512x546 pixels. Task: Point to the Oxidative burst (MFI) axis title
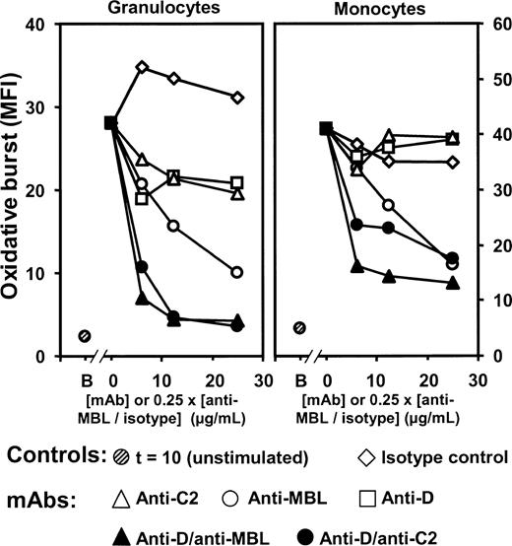coord(17,190)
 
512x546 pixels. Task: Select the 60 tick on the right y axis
coord(494,25)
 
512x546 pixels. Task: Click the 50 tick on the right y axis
coord(494,80)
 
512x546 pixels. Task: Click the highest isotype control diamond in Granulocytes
coord(143,67)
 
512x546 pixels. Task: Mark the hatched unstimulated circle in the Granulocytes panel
coord(85,336)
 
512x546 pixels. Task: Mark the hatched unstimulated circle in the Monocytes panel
coord(299,328)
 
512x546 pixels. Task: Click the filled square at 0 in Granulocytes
coord(110,123)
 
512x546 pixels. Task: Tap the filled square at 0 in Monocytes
coord(326,128)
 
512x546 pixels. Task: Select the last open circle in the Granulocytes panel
coord(236,272)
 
